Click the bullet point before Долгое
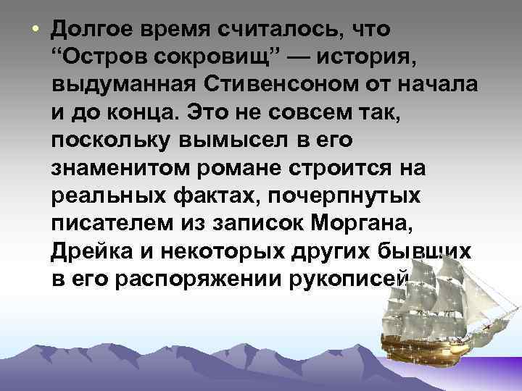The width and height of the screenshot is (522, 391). point(33,30)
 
